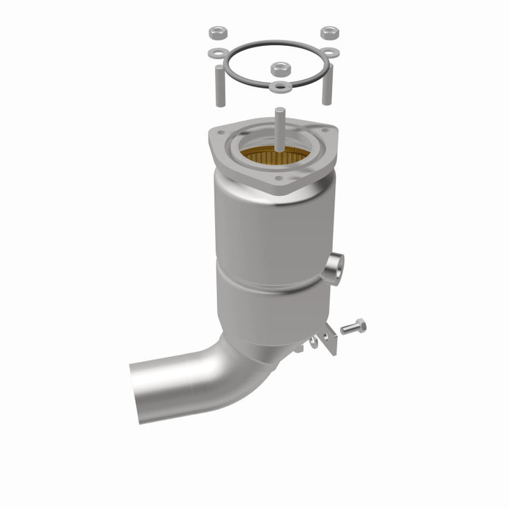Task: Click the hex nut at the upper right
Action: coord(329,33)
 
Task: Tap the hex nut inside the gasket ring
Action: coord(279,69)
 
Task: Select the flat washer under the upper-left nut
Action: coord(217,53)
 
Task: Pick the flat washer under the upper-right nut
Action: coord(330,53)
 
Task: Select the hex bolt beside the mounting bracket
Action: coord(353,327)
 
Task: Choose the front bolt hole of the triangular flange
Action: coord(279,179)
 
